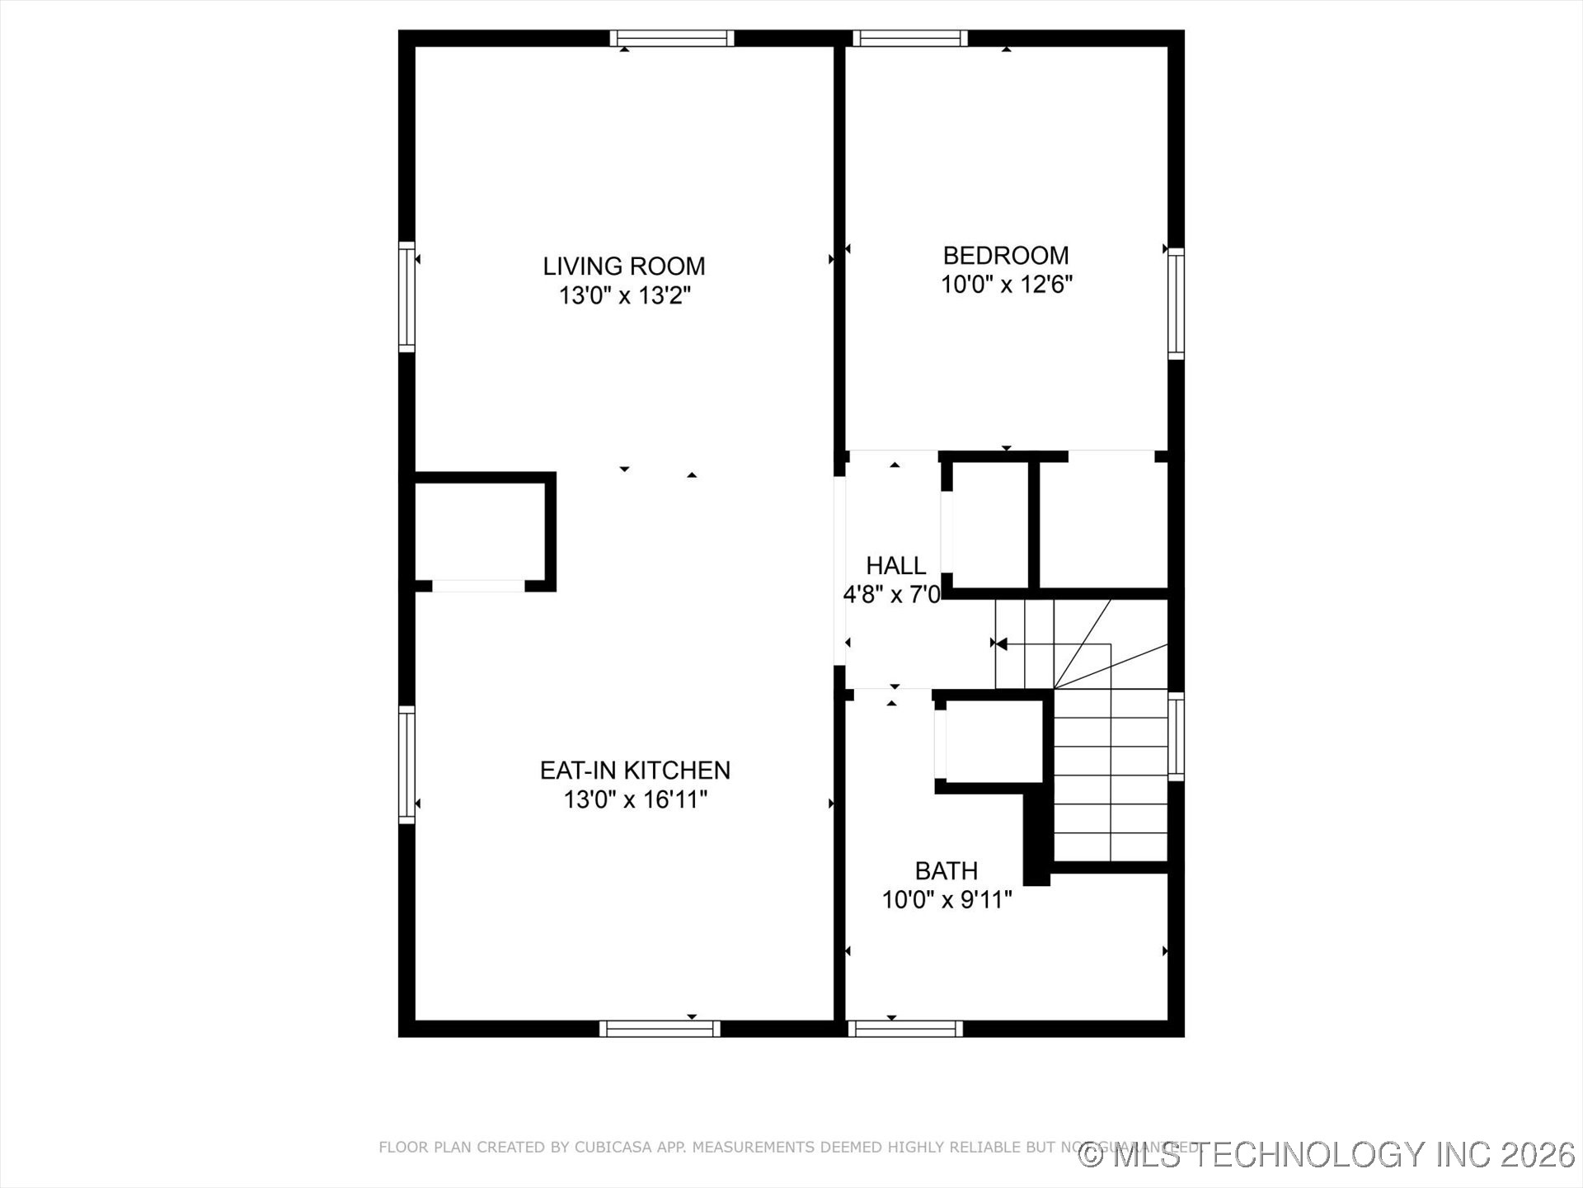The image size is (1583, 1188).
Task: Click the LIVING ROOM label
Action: [623, 266]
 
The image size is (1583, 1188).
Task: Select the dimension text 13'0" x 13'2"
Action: [624, 295]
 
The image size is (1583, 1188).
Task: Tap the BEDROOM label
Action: [1006, 256]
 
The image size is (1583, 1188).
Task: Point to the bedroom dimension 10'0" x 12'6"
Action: [1006, 285]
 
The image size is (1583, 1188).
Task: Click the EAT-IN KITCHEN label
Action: [635, 771]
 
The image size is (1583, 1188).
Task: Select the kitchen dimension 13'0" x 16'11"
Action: [635, 799]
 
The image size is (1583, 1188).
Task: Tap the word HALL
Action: [895, 566]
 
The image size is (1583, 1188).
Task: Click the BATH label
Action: [947, 871]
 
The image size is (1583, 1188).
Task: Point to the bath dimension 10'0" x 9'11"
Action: [947, 900]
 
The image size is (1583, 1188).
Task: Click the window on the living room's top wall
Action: [672, 39]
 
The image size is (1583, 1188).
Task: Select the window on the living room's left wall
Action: [406, 297]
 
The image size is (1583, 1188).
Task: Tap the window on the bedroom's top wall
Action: [910, 39]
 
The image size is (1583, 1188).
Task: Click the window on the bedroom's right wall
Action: [1177, 304]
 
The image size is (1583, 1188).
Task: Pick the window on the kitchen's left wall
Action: [406, 764]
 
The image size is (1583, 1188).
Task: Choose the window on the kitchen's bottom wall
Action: [660, 1029]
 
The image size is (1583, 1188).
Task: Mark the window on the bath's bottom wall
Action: [905, 1029]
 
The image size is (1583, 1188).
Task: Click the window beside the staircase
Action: [1177, 737]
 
